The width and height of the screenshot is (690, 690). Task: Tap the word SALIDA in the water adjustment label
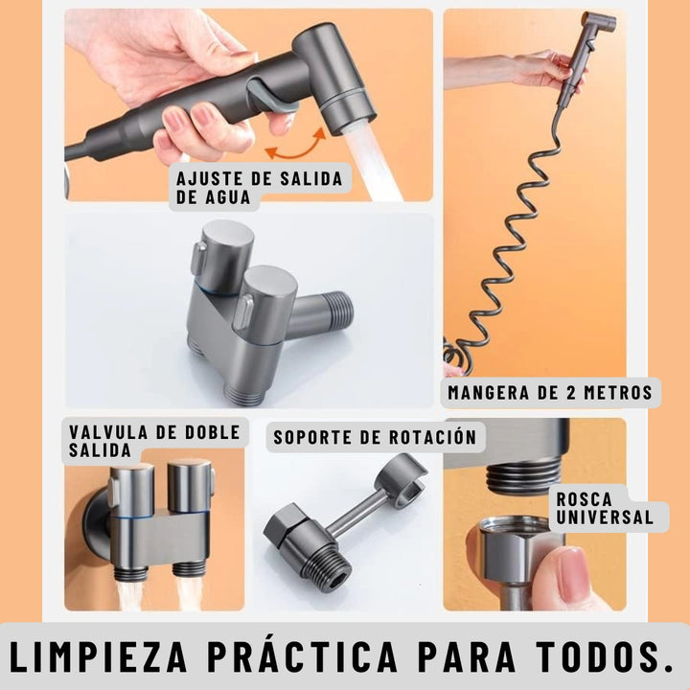[x=311, y=178]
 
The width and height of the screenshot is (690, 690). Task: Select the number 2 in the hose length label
[x=569, y=392]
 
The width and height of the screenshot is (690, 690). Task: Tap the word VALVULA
[x=108, y=431]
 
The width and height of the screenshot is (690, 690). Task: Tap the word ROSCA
[x=584, y=499]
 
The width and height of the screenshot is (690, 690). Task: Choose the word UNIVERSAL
[x=605, y=517]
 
